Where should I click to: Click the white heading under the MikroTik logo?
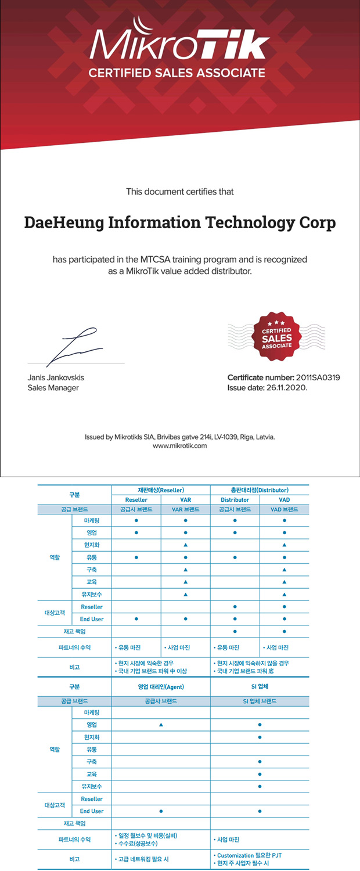(x=177, y=73)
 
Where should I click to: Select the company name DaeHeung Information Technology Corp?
(x=180, y=222)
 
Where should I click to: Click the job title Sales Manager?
(x=53, y=387)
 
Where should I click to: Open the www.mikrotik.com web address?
(x=179, y=446)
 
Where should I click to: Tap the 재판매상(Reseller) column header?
(x=161, y=490)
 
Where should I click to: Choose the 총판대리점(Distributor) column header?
(x=260, y=490)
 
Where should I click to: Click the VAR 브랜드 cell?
(x=185, y=509)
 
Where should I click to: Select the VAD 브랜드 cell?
(x=284, y=509)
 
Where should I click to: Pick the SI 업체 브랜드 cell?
(x=260, y=701)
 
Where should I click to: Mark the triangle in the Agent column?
(x=161, y=725)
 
